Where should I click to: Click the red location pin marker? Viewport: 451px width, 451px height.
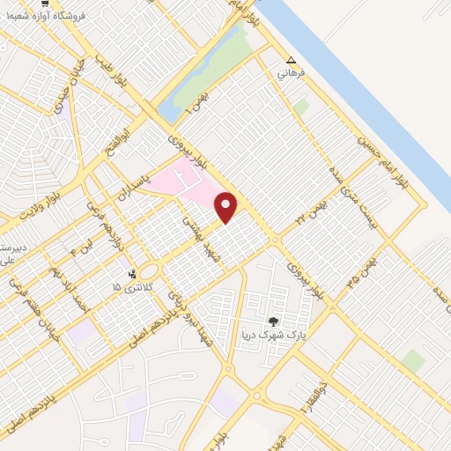click(226, 207)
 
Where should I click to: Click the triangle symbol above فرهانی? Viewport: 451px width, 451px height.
click(292, 61)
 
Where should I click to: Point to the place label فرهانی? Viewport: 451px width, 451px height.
click(292, 75)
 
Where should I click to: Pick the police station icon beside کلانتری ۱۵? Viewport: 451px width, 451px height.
click(132, 272)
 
